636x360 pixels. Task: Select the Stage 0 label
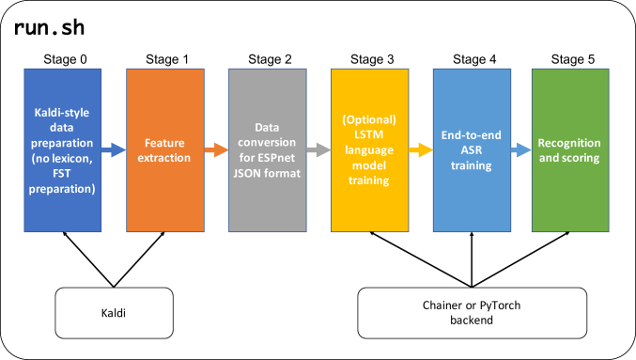64,58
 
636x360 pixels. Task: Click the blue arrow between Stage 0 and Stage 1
115,149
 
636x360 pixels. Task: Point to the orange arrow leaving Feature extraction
216,149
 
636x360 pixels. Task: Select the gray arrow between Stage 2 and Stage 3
318,149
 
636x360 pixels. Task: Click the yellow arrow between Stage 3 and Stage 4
420,149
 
